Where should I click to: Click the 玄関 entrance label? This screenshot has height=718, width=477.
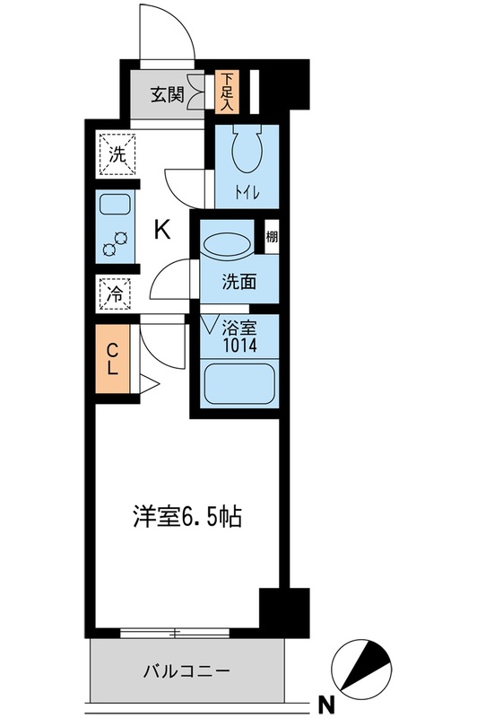point(167,94)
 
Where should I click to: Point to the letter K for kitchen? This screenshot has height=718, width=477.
point(162,230)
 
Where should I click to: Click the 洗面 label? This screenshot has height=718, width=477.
point(239,281)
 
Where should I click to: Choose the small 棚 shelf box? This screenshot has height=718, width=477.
point(271,239)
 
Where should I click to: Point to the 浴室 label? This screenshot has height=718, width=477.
point(242,328)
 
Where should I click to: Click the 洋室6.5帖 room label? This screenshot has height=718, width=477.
point(188,518)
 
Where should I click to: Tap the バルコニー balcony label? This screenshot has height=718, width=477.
point(187,670)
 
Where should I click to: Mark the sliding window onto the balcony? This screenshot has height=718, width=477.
point(178,633)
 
